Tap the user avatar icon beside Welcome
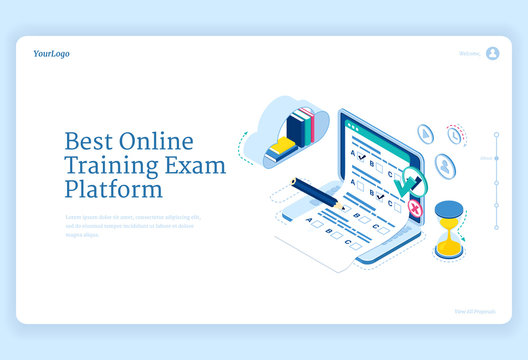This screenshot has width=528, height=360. (492, 53)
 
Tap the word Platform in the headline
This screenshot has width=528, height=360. (112, 189)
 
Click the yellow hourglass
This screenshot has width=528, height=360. (449, 229)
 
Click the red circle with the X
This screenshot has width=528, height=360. (414, 207)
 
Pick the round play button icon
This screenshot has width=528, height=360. (425, 134)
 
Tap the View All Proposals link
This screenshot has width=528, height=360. (476, 311)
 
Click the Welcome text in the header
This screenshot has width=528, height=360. (469, 54)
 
